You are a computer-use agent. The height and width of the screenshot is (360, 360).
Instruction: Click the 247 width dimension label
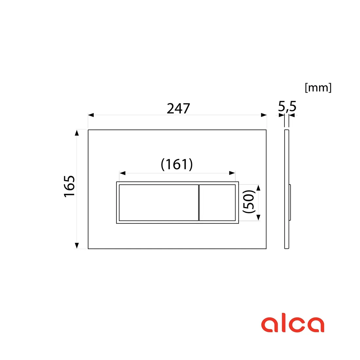click(178, 108)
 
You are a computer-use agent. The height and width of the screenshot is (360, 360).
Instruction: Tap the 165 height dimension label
click(69, 186)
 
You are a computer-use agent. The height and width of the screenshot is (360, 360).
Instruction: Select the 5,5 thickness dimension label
click(287, 106)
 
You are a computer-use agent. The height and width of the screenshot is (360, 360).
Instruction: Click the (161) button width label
click(177, 164)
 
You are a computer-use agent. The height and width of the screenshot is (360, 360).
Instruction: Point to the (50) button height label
click(249, 202)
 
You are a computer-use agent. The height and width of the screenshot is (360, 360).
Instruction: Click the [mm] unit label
click(318, 87)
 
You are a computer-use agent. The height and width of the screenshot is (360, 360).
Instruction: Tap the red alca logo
click(292, 324)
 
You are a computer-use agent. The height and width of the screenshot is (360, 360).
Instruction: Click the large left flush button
click(159, 203)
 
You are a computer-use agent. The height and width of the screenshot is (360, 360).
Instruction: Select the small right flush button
click(217, 203)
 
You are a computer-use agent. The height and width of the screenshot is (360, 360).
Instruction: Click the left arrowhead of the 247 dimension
click(91, 115)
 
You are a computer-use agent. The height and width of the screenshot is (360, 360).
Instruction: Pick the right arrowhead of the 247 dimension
click(263, 115)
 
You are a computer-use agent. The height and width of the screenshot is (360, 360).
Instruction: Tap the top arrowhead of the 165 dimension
click(77, 133)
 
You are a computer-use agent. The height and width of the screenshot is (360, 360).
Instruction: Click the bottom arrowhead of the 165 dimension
click(77, 245)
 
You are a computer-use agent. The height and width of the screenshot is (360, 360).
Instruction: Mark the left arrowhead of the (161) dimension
click(123, 173)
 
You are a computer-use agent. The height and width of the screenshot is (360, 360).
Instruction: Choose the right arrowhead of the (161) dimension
click(232, 173)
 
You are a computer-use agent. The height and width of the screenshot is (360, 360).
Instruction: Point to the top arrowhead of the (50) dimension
click(258, 188)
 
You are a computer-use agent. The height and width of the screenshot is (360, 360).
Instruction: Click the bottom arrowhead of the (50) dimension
click(258, 217)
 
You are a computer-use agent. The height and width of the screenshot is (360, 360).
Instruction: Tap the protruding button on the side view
click(290, 203)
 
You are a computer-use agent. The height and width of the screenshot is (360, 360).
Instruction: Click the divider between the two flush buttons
click(199, 203)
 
